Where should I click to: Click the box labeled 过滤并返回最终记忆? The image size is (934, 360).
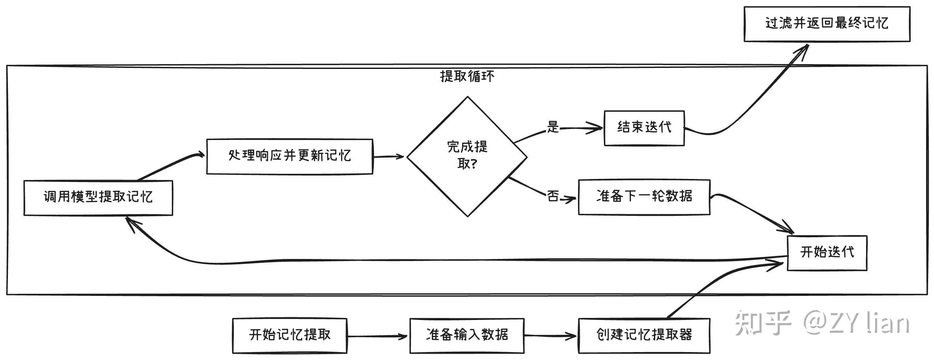[827, 23]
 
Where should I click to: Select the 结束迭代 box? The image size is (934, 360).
[644, 128]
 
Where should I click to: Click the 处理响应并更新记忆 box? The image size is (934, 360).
[289, 156]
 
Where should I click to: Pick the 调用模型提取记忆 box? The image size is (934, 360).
[98, 198]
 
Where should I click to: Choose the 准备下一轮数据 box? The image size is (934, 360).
[644, 197]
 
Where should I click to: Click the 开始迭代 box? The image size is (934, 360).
[827, 253]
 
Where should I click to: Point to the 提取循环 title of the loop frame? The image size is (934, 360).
[467, 77]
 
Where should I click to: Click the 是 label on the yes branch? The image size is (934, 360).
[553, 127]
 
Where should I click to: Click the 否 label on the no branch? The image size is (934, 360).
[553, 196]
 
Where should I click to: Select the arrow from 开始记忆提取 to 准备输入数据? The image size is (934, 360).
[377, 336]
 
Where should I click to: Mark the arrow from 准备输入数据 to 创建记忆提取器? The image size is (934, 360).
[550, 336]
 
